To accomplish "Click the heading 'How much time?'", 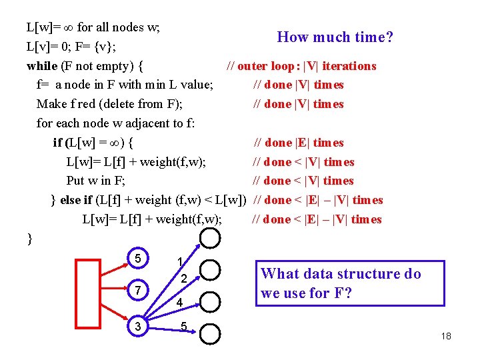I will click(335, 37).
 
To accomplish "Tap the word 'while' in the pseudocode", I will click(41, 66).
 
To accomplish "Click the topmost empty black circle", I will click(210, 239).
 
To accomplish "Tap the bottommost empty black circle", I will click(210, 334).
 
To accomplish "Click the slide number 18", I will click(446, 336).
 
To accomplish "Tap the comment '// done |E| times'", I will click(299, 143).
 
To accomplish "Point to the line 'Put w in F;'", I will click(96, 181).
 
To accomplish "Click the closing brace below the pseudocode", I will click(29, 239).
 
